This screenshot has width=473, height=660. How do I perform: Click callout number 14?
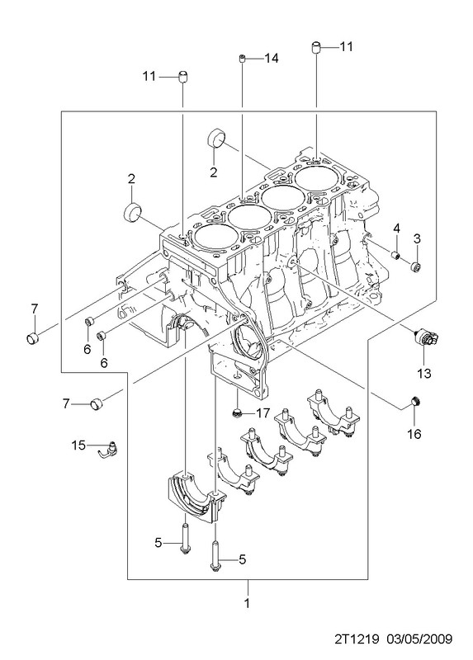(272, 58)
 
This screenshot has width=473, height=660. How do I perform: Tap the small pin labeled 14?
(243, 58)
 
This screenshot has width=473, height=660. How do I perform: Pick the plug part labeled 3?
(416, 266)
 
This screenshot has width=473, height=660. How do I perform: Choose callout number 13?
(424, 373)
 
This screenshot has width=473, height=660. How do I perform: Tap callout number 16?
(415, 434)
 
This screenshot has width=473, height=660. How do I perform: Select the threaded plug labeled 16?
(415, 402)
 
